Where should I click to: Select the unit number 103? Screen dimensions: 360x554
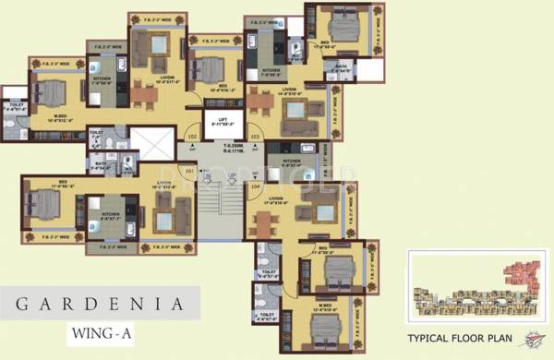click(x=254, y=138)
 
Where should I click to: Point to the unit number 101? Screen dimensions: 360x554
click(x=190, y=171)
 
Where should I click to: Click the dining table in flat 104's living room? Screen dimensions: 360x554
click(x=264, y=222)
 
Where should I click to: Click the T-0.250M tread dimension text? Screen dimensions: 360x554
click(x=220, y=145)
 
